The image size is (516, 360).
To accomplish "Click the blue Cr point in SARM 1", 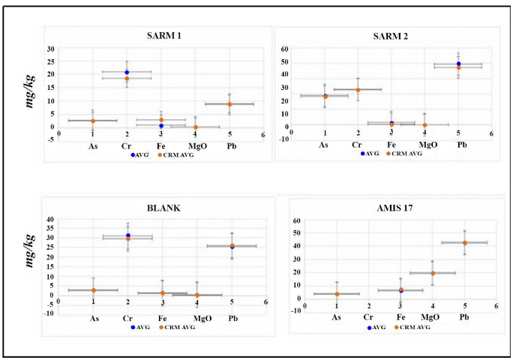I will tap(127, 72).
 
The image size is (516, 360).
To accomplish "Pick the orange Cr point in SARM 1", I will tap(127, 79).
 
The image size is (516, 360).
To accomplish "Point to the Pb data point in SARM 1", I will tap(229, 104).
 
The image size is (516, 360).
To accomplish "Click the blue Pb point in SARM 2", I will tap(458, 64).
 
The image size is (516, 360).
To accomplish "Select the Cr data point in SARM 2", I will tap(358, 90).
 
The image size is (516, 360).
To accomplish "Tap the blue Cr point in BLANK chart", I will tap(128, 235).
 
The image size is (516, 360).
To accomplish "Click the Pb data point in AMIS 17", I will tap(464, 242).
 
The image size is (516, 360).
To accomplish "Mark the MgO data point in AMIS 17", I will tap(433, 273).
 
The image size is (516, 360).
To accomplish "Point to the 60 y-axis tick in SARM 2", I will tap(285, 48).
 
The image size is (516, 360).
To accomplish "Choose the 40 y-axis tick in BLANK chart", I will tap(50, 219).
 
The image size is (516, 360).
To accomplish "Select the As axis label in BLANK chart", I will tap(95, 319).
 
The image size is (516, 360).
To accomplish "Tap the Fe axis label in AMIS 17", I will tap(401, 317).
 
